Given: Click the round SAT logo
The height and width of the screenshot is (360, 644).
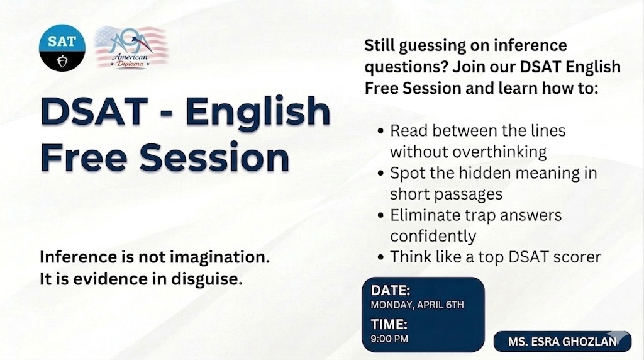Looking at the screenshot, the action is pyautogui.click(x=62, y=48).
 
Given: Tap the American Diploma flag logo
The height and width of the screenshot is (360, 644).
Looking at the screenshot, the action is pyautogui.click(x=131, y=47).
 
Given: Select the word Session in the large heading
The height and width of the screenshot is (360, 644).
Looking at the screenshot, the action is pyautogui.click(x=214, y=157).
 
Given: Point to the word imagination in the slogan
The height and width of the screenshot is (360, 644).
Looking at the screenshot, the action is pyautogui.click(x=219, y=257).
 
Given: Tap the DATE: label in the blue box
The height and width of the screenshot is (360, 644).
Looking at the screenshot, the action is pyautogui.click(x=390, y=291).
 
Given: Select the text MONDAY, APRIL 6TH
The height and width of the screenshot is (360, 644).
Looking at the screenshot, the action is pyautogui.click(x=418, y=305).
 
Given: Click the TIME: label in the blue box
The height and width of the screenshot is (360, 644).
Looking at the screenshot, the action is pyautogui.click(x=389, y=324).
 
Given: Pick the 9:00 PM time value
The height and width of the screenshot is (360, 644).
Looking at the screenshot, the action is pyautogui.click(x=389, y=339).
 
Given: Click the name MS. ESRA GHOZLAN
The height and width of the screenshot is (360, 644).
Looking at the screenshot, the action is pyautogui.click(x=562, y=342).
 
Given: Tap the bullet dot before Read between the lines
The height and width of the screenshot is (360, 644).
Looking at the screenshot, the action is pyautogui.click(x=380, y=131).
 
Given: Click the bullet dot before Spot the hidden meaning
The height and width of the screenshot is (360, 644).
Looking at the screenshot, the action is pyautogui.click(x=380, y=174).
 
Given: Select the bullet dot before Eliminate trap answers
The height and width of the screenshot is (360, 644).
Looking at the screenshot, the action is pyautogui.click(x=380, y=216).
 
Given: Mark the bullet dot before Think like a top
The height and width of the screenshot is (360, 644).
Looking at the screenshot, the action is pyautogui.click(x=380, y=257).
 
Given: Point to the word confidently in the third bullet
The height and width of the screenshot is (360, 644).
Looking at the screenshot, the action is pyautogui.click(x=433, y=236).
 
